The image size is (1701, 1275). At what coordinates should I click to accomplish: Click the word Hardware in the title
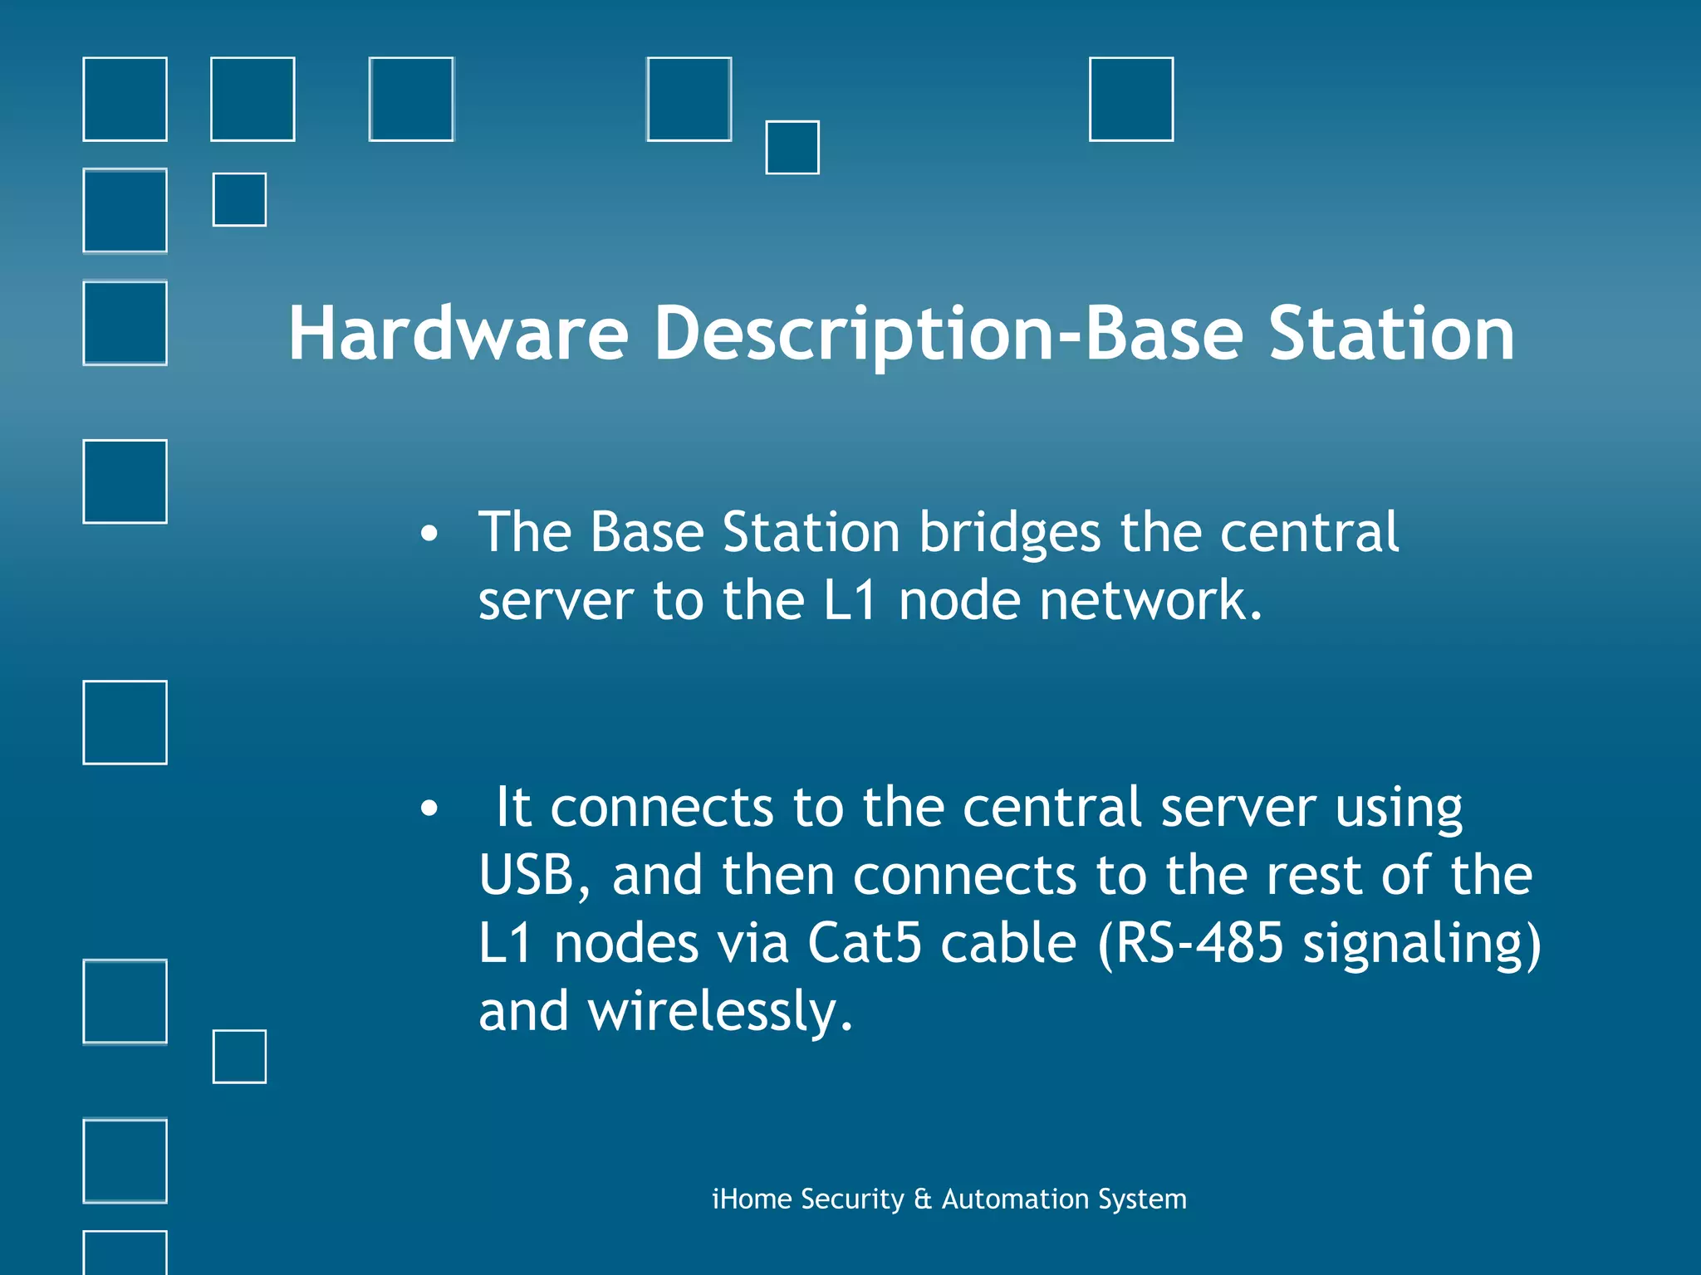point(458,334)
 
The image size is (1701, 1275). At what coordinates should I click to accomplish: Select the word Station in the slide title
point(1392,334)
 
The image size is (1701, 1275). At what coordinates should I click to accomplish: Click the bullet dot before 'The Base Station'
point(429,535)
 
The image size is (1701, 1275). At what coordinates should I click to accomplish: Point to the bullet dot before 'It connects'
point(429,808)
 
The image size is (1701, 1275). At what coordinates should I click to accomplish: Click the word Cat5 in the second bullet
point(864,944)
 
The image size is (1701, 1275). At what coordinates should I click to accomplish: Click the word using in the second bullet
point(1399,808)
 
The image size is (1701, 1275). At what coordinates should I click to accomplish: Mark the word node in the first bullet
point(959,600)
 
